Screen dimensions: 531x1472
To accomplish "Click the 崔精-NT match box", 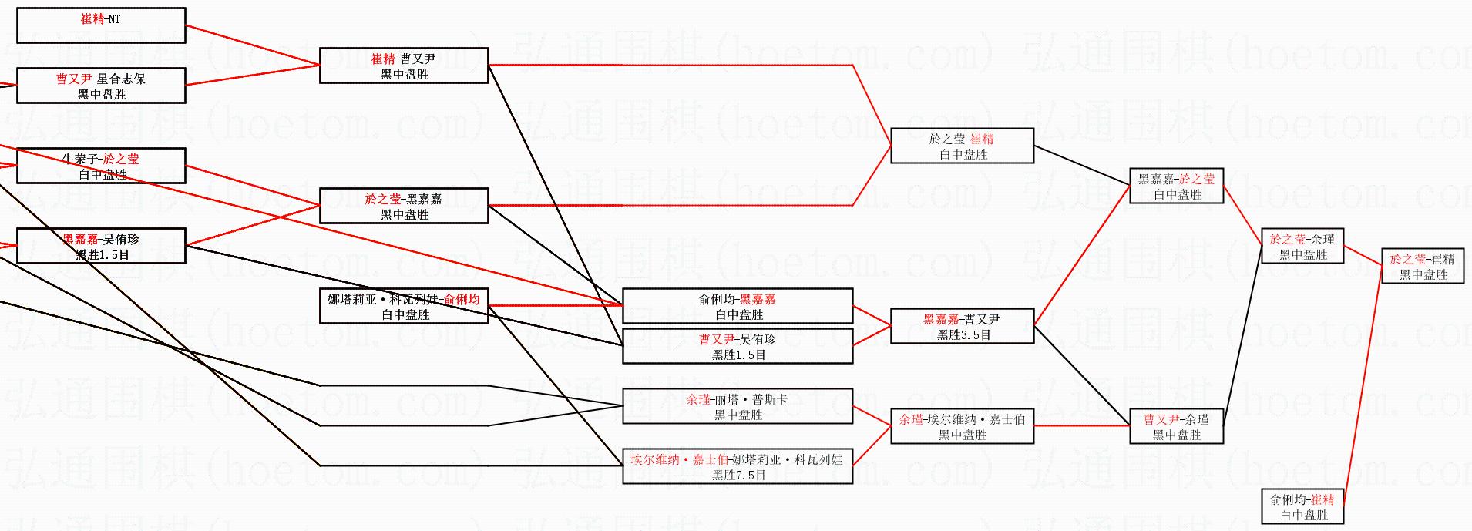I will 101,25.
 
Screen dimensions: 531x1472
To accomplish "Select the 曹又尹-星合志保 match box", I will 101,86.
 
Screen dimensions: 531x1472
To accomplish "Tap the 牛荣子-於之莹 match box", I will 101,166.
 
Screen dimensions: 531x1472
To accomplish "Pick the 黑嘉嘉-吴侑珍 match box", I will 101,246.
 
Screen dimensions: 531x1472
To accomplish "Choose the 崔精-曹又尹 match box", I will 404,66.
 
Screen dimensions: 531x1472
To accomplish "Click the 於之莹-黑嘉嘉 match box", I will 404,206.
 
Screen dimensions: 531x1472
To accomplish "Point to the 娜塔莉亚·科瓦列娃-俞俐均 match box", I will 404,306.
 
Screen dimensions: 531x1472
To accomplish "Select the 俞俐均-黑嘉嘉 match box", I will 738,306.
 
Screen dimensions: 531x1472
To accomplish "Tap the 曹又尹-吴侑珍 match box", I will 738,346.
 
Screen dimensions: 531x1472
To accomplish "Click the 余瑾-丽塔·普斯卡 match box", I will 738,406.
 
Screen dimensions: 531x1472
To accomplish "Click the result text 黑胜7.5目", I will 738,475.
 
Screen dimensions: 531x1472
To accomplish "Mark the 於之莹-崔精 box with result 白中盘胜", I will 962,146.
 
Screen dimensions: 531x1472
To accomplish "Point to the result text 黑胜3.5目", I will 963,334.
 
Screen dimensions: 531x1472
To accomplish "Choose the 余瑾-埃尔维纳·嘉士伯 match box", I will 962,426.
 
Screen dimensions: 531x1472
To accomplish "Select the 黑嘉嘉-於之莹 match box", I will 1176,186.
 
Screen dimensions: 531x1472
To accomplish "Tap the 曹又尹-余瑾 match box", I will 1176,426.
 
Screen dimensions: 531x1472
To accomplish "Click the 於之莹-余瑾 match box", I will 1302,246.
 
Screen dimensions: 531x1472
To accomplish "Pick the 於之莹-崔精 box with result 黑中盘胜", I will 1423,266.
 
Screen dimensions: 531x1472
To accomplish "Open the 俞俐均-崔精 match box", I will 1302,506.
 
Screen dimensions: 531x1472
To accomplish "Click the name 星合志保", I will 121,79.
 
